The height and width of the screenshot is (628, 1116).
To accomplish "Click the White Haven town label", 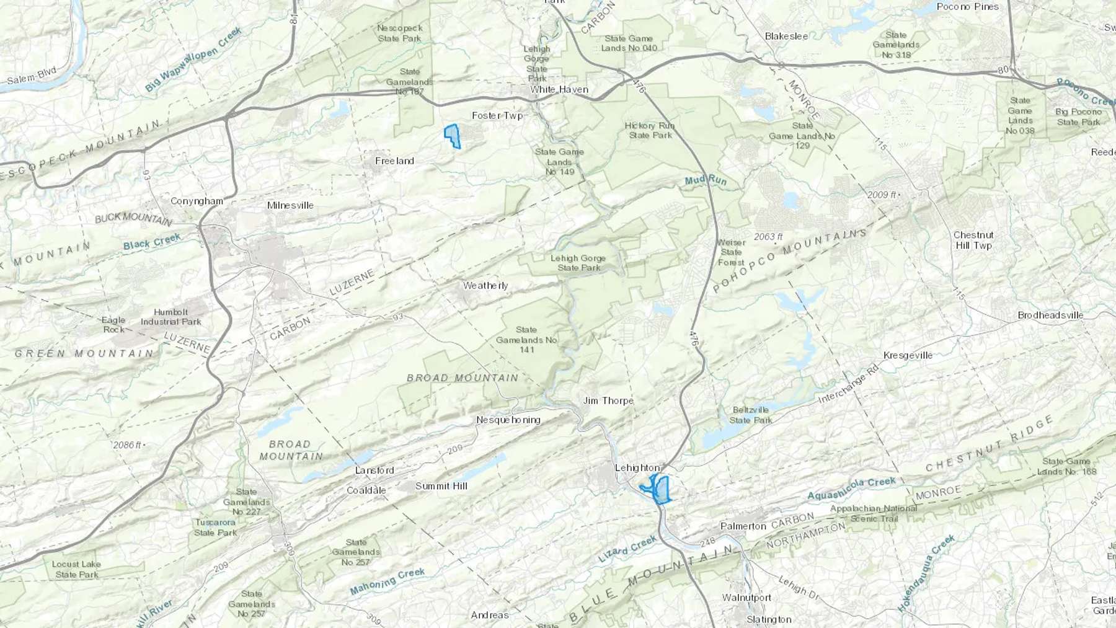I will click(x=559, y=89).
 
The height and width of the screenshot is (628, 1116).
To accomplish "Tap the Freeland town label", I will click(x=394, y=161).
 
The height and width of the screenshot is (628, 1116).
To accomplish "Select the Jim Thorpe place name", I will click(x=608, y=400).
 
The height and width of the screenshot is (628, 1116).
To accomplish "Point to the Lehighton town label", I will click(x=637, y=467).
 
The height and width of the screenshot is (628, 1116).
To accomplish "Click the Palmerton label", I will click(x=743, y=526).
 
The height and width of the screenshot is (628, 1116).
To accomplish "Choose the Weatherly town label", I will click(x=485, y=285).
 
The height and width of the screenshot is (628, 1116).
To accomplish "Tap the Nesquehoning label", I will click(x=508, y=420).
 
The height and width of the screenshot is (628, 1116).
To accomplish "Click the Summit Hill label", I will click(x=441, y=485).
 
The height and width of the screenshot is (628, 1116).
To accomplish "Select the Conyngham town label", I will click(x=197, y=201).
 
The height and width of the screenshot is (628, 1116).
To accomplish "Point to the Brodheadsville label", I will click(x=1050, y=315).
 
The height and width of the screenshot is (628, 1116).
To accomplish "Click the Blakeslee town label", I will click(x=786, y=36).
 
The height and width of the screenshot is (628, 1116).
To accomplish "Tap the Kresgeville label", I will click(x=908, y=355).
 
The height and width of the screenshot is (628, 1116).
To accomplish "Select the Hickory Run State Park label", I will click(x=649, y=130).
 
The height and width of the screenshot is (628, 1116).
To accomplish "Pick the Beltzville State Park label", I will click(x=750, y=415).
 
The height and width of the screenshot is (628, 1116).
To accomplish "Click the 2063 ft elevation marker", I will click(x=768, y=236).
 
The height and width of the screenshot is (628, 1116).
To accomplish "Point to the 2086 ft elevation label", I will click(x=127, y=445).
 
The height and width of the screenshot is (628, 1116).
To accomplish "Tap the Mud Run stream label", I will click(x=705, y=180).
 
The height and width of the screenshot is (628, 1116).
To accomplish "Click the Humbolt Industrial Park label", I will click(x=170, y=317).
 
